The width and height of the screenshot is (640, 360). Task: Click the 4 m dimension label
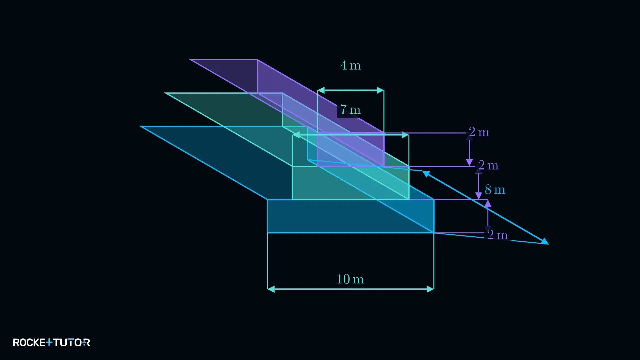[350, 65]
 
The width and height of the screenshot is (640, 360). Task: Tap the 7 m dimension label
[350, 110]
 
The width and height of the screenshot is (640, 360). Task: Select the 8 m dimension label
[495, 190]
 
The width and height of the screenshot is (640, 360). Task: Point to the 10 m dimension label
[350, 279]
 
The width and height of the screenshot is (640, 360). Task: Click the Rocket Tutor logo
[51, 342]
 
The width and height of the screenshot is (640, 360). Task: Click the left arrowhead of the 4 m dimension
[321, 90]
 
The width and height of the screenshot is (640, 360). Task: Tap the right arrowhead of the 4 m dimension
[380, 90]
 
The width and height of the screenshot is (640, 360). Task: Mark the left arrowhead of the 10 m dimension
[271, 289]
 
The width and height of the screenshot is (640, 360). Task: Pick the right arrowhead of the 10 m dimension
[430, 289]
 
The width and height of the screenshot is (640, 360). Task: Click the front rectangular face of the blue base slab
[351, 216]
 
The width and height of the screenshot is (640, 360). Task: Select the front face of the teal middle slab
[351, 183]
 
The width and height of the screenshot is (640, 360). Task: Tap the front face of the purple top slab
[351, 149]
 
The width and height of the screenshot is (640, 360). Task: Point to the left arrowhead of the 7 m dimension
[296, 135]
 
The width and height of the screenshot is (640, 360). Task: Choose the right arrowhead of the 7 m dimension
[405, 135]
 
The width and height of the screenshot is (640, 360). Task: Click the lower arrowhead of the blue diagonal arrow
[545, 241]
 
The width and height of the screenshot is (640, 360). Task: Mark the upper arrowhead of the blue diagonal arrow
[426, 173]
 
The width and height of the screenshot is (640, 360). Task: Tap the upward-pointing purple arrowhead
[488, 203]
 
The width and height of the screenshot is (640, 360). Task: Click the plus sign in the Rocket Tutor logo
[49, 342]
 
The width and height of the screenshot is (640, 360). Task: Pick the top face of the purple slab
[287, 96]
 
